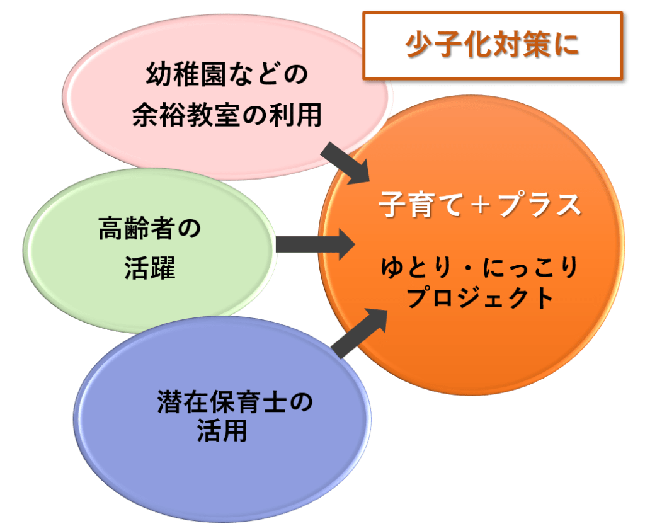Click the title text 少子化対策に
(x=492, y=46)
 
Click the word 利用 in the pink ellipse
(x=300, y=116)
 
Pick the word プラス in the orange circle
(x=539, y=205)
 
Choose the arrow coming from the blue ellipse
(x=358, y=332)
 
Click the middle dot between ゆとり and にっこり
(x=465, y=270)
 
